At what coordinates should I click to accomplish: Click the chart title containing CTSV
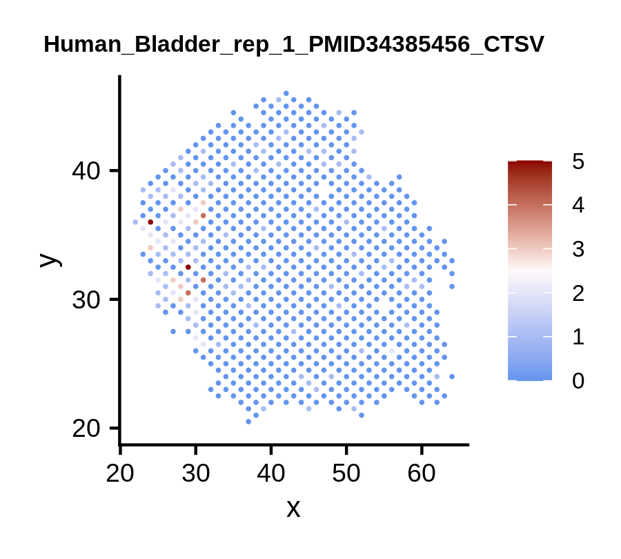point(294,44)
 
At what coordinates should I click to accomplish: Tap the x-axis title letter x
point(293,509)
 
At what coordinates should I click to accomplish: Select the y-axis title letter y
point(51,260)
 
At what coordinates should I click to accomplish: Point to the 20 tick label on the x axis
point(120,473)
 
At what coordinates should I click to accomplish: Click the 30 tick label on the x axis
point(195,473)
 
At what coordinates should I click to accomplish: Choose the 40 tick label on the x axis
point(271,473)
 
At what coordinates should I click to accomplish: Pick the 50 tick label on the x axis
point(346,473)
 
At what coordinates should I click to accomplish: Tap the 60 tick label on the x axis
point(422,473)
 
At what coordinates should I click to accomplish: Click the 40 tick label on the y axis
point(86,171)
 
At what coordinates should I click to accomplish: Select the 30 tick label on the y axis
point(86,300)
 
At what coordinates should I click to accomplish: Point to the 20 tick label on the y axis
point(86,429)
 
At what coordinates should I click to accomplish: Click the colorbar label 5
point(578,161)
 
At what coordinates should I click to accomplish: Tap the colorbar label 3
point(578,249)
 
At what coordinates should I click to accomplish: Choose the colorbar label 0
point(578,381)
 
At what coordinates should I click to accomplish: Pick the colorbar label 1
point(578,337)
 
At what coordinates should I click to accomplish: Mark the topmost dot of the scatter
point(286,93)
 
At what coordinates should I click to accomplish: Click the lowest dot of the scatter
point(248,422)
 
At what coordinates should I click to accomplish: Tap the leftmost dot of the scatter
point(135,222)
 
